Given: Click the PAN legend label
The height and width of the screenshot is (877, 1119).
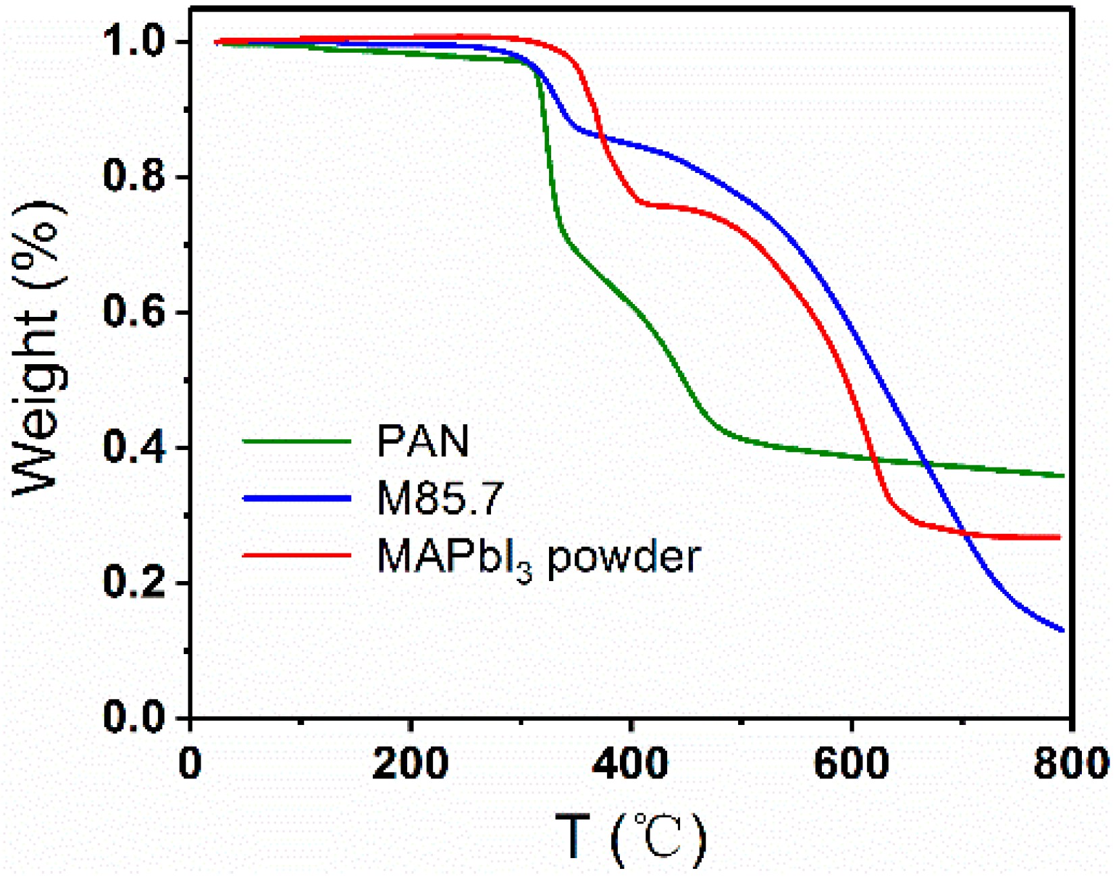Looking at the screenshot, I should click(422, 441).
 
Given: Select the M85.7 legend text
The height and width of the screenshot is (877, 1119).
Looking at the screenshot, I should click(440, 498).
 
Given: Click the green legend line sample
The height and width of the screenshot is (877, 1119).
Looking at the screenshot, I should click(296, 441).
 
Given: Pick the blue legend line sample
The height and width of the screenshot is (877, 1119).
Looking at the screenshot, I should click(296, 498).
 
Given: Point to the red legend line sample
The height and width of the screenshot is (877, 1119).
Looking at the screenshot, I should click(296, 555).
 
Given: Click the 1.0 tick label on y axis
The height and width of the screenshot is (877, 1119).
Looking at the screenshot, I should click(134, 42).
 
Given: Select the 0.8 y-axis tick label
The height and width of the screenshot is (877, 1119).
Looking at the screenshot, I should click(134, 176).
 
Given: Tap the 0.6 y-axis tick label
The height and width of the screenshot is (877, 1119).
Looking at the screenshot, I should click(134, 312).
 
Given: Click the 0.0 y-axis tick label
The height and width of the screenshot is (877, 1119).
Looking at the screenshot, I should click(134, 717).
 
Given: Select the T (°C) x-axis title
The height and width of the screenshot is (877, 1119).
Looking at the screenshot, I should click(630, 838).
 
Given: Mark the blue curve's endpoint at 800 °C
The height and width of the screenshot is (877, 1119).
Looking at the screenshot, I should click(1063, 630).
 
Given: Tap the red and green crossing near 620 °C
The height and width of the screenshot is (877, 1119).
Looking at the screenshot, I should click(876, 459).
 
